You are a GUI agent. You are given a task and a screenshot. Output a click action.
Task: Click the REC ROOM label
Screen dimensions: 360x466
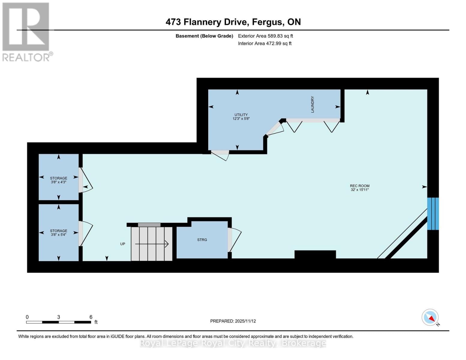pyautogui.click(x=359, y=186)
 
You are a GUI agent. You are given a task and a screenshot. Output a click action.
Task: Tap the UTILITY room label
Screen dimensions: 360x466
pyautogui.click(x=241, y=115)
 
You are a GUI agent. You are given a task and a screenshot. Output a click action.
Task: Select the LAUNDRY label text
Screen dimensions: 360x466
pyautogui.click(x=312, y=104)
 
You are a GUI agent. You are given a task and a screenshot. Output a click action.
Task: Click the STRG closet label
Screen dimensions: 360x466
pyautogui.click(x=202, y=240)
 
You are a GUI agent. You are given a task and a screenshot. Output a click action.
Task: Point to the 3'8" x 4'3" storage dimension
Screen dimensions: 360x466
pyautogui.click(x=59, y=182)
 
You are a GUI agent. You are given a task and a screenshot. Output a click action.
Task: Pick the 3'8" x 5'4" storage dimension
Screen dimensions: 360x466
pyautogui.click(x=59, y=235)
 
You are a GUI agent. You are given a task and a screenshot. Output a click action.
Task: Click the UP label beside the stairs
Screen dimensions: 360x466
pyautogui.click(x=122, y=244)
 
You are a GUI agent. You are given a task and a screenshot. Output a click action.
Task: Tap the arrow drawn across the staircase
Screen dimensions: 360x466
pyautogui.click(x=152, y=244)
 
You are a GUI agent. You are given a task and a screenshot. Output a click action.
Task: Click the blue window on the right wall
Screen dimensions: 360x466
pyautogui.click(x=433, y=214)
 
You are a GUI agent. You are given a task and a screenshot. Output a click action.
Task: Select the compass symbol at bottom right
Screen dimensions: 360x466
pyautogui.click(x=430, y=317)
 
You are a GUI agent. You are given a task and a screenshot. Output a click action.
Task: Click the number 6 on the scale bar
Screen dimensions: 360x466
pyautogui.click(x=91, y=317)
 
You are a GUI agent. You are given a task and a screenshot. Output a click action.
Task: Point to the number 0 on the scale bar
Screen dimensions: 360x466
pyautogui.click(x=27, y=317)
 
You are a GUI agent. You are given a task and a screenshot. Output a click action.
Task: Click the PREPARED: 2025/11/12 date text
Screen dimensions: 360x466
pyautogui.click(x=233, y=321)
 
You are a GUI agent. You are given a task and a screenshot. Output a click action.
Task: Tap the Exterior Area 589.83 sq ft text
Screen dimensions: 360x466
pyautogui.click(x=265, y=36)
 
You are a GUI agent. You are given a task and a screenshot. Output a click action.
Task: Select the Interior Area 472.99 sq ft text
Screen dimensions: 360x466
pyautogui.click(x=265, y=43)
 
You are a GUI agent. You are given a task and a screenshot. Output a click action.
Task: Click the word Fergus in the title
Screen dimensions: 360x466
pyautogui.click(x=267, y=22)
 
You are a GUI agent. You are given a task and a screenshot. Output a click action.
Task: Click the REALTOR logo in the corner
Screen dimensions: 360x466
pyautogui.click(x=26, y=31)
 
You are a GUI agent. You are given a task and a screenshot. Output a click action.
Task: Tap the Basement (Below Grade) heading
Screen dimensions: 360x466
pyautogui.click(x=204, y=36)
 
